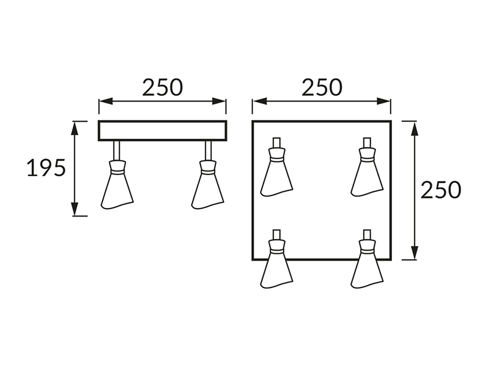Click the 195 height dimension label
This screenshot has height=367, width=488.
point(46,168)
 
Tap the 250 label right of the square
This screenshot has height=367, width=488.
point(441,190)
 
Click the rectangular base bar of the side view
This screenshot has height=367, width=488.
point(163,130)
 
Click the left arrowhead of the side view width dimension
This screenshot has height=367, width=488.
point(106,101)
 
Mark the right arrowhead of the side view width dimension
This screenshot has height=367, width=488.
point(219,101)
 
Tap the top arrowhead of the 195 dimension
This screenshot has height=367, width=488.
point(74,128)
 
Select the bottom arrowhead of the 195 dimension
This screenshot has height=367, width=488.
point(74,209)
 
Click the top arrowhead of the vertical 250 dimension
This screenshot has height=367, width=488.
point(414,128)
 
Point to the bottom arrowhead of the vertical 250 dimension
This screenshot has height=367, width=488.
point(414,253)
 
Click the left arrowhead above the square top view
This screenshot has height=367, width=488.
point(259,101)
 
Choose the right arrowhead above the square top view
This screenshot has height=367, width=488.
point(383,101)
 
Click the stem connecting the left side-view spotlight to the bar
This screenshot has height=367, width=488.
point(117,150)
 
